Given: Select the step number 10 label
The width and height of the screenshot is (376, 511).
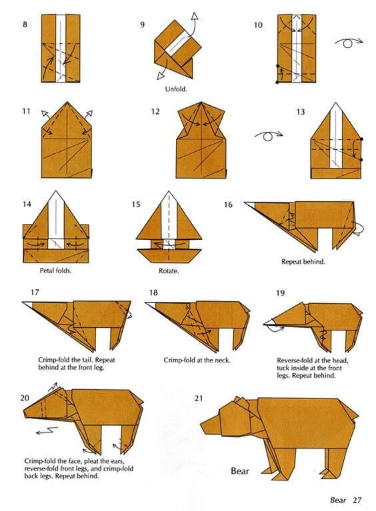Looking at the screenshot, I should point(258,25).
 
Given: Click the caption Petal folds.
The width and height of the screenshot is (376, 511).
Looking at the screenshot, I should point(55,271).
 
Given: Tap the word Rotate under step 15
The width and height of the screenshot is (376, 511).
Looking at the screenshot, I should point(170,271).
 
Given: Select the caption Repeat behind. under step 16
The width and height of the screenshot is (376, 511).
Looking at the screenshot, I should point(303,262).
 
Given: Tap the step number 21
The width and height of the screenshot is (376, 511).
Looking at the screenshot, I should point(198,398).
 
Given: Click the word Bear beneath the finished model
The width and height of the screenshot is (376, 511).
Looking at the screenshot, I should point(240,471).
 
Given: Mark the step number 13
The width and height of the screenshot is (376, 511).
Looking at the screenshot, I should point(301,112).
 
